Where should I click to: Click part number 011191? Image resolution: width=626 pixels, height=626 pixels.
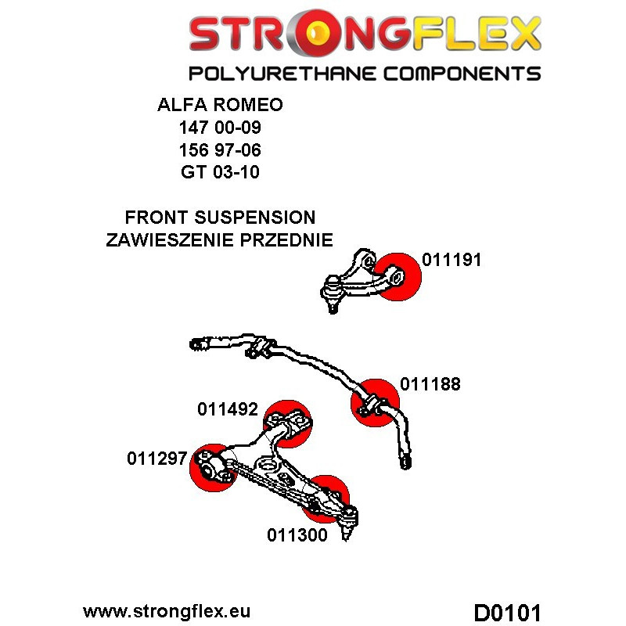[x=452, y=261]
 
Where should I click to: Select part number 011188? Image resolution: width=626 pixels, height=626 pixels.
[x=430, y=384]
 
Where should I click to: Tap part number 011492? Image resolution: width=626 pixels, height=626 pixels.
[x=228, y=408]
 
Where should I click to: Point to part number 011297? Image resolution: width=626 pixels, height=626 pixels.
[x=157, y=459]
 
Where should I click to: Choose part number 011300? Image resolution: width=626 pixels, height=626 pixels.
[x=297, y=536]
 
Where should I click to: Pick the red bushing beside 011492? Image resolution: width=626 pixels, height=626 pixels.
[x=287, y=423]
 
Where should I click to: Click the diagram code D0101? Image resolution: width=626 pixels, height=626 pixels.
[x=507, y=610]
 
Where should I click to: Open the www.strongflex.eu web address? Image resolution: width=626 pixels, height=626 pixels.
[x=166, y=610]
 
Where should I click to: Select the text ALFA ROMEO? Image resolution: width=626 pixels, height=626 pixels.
[x=220, y=106]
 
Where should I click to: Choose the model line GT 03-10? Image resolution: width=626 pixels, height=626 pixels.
[x=220, y=172]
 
